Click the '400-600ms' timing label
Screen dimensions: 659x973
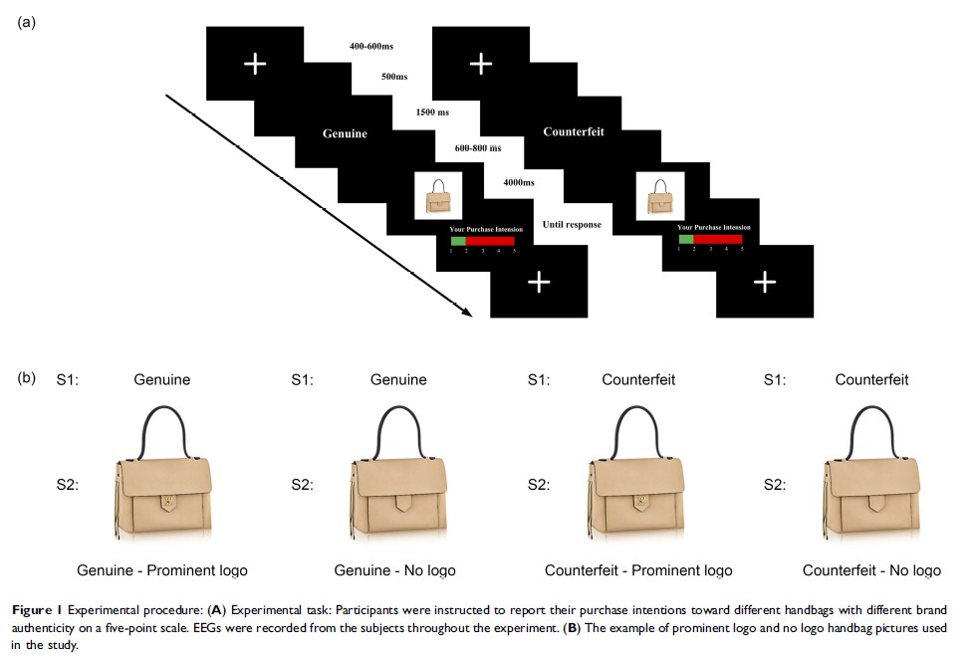coord(370,47)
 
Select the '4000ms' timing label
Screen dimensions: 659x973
coord(519,182)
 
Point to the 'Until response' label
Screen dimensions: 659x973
coord(572,225)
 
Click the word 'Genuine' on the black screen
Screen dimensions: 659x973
coord(345,133)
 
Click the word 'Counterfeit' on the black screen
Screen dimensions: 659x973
coord(574,131)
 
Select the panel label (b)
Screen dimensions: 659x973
coord(27,378)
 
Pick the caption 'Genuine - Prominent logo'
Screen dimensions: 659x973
coord(162,570)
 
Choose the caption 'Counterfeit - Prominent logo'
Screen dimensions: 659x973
coord(638,570)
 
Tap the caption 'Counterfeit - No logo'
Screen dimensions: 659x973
coord(871,570)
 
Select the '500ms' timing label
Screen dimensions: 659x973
coord(392,77)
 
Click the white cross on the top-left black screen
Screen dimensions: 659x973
coord(255,64)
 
